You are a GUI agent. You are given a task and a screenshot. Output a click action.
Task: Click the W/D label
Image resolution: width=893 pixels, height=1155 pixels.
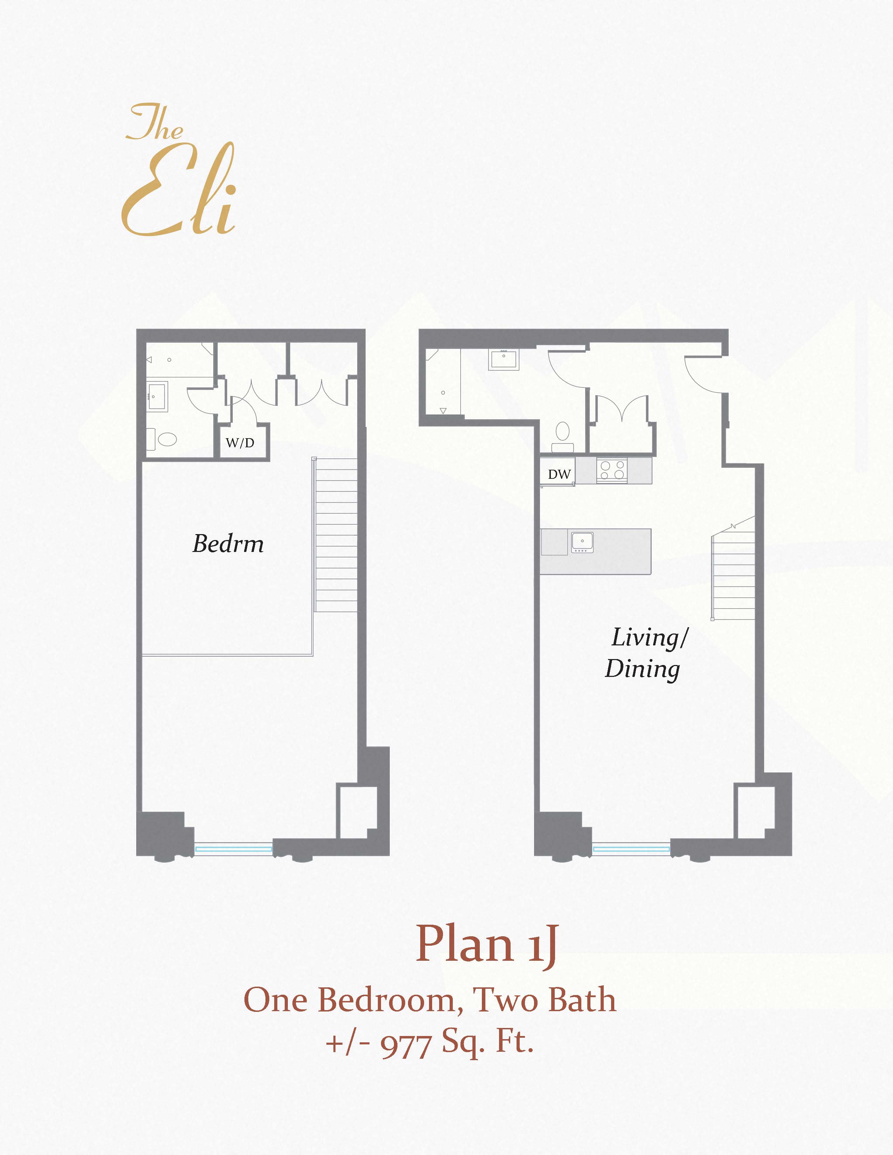tap(240, 443)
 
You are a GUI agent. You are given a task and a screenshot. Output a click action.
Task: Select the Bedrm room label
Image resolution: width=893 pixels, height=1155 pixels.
tap(228, 544)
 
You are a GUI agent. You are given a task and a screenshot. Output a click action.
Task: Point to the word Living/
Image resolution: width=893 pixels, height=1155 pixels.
tap(650, 637)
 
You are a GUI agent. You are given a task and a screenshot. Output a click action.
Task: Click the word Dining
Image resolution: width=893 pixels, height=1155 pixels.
tap(643, 669)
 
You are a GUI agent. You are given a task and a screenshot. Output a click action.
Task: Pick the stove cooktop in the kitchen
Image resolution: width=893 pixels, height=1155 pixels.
tap(612, 470)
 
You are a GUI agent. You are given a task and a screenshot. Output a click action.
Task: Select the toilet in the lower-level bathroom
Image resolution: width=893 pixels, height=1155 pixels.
tap(562, 436)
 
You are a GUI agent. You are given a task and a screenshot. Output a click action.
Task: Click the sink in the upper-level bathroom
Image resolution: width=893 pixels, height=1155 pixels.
tap(157, 395)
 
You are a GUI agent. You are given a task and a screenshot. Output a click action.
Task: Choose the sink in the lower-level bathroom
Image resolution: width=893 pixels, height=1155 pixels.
tap(504, 359)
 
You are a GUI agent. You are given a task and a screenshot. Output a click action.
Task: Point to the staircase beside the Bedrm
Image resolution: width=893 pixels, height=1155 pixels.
tap(336, 534)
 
